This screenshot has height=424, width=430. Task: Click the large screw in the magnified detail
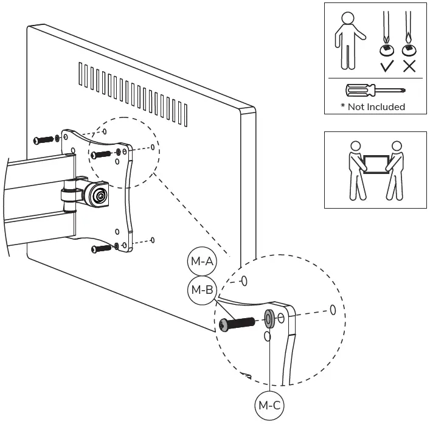pyautogui.click(x=238, y=324)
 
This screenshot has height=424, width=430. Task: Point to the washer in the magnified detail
pyautogui.click(x=269, y=319)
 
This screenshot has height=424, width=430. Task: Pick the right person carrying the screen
pyautogui.click(x=395, y=170)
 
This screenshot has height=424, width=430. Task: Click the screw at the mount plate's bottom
pyautogui.click(x=102, y=248)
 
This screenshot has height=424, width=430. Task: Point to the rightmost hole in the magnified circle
pyautogui.click(x=333, y=310)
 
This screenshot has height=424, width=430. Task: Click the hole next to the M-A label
pyautogui.click(x=244, y=281)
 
